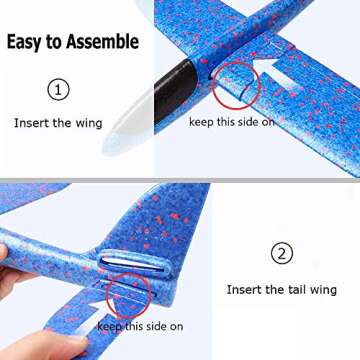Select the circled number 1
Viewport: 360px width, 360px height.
coord(60,90)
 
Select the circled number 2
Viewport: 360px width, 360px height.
coord(281,253)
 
